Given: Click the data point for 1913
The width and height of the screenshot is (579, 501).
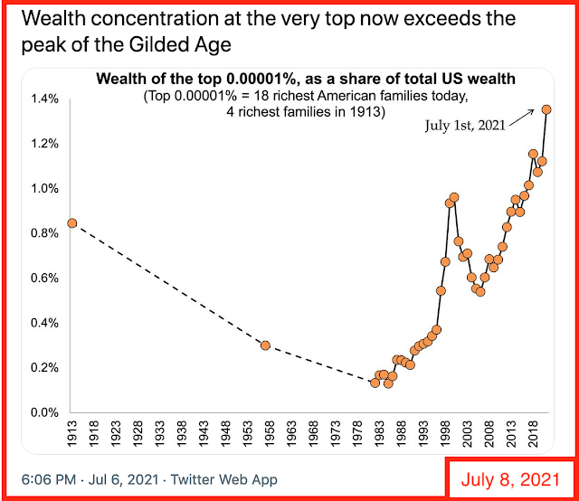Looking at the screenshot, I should click(x=71, y=223).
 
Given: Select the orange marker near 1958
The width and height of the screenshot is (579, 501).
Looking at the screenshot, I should click(x=265, y=345).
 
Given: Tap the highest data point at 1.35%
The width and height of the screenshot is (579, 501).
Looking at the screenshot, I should click(x=546, y=109).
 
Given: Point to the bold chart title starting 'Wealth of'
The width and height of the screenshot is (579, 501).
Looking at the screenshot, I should click(x=306, y=79).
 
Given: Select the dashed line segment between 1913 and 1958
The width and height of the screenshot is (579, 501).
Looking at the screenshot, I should click(x=168, y=284).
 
